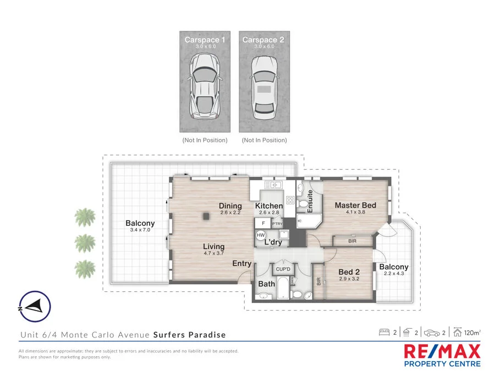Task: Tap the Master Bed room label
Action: point(355,206)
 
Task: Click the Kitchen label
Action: point(269,206)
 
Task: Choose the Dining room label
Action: point(230,206)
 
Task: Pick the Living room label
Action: point(213,247)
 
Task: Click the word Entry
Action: point(241,264)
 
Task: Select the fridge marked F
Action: point(263,224)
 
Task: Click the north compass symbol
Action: point(35,307)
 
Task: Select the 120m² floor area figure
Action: point(471,333)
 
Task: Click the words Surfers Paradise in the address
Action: point(189,335)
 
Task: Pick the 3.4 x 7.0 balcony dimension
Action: point(140,230)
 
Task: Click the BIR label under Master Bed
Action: point(352,241)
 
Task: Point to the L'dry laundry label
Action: point(273,242)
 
